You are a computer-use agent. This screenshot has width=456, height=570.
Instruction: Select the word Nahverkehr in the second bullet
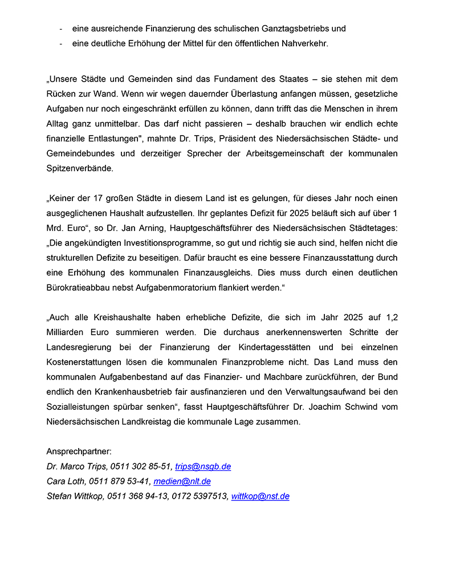tap(305, 43)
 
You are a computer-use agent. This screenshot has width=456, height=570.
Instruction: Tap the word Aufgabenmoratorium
tap(182, 287)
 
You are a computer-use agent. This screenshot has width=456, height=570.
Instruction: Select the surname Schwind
tap(365, 406)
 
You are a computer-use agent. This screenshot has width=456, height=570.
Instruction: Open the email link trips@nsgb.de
tap(202, 466)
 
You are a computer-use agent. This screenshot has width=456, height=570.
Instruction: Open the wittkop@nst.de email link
tap(260, 496)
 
